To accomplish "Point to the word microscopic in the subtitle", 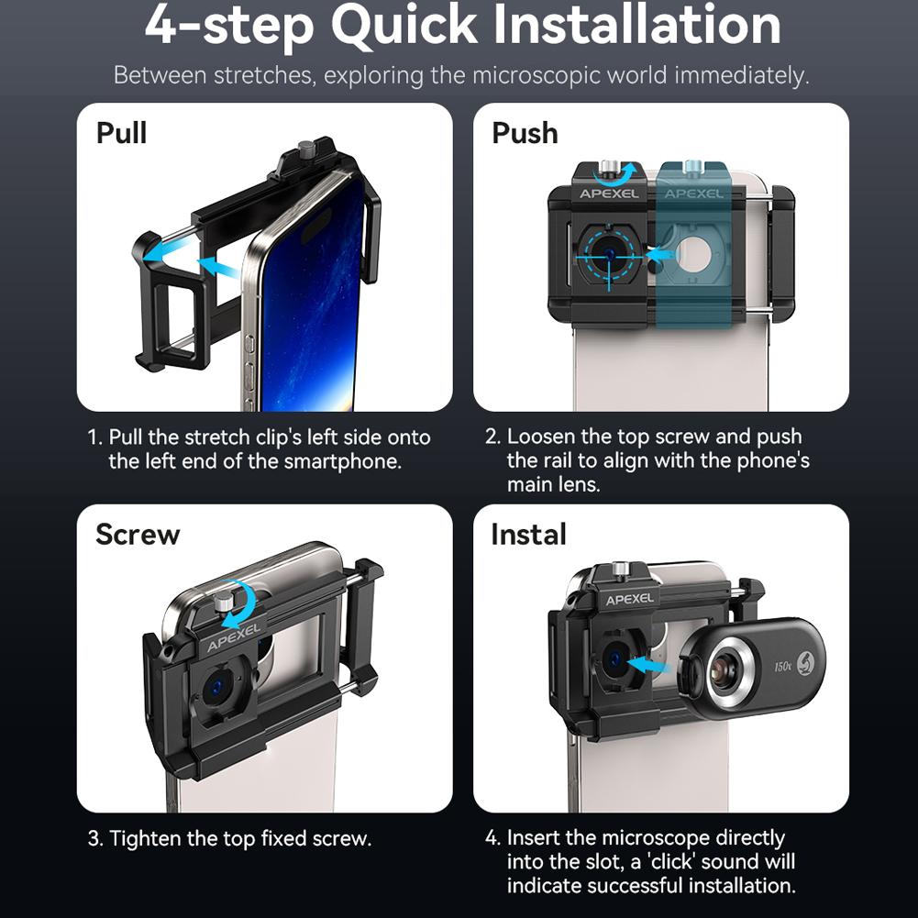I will (x=537, y=74).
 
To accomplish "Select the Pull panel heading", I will (x=121, y=133).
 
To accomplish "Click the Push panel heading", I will (x=525, y=133).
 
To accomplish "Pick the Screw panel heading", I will (x=138, y=534).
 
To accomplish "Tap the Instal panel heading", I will (x=528, y=534).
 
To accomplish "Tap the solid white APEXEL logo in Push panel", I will (x=609, y=194).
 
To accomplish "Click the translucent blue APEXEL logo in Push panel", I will (x=694, y=194).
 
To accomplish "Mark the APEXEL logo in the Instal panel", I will (x=629, y=599).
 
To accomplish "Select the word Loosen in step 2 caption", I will (x=541, y=437).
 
